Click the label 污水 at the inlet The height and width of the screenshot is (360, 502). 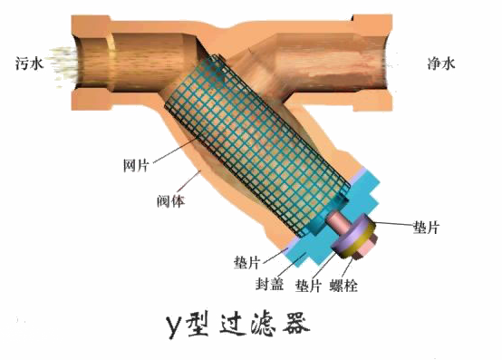pyautogui.click(x=30, y=64)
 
